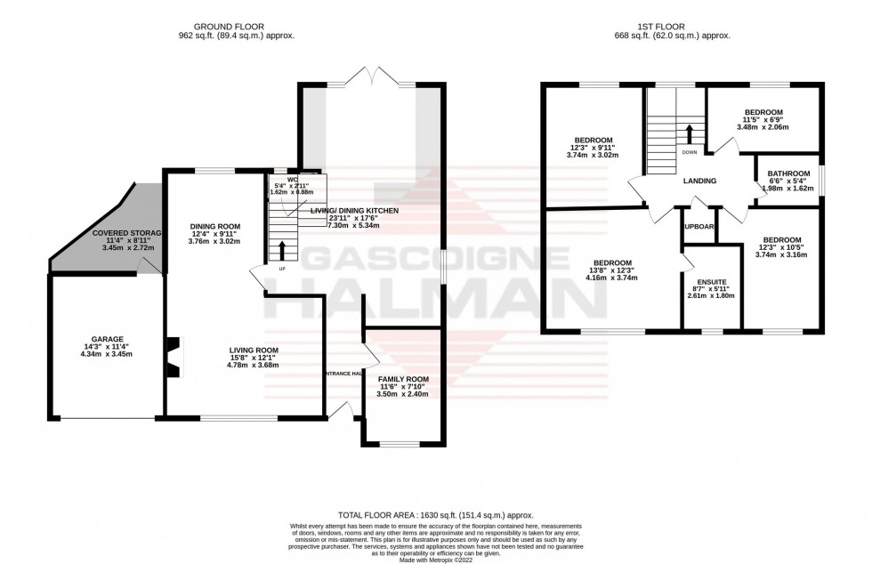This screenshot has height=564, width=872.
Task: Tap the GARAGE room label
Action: (106, 339)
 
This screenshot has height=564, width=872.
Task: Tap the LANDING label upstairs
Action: (699, 181)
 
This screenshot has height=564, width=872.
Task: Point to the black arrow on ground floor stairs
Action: (283, 248)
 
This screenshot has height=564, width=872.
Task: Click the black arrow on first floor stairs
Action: (690, 133)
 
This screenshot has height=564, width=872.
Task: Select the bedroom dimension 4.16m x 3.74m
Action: (613, 278)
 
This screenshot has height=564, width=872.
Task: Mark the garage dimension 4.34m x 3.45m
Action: (106, 354)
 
